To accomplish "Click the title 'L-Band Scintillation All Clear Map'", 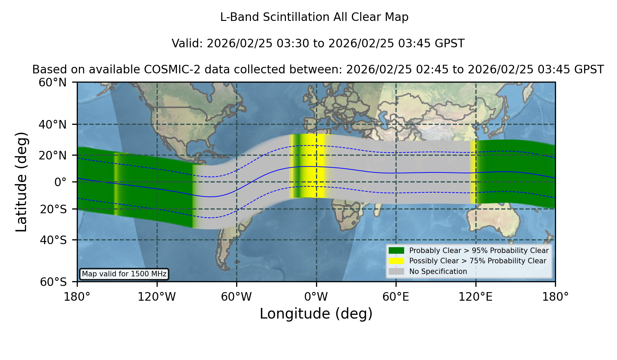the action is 314,17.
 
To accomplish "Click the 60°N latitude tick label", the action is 53,83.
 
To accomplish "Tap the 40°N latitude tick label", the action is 53,124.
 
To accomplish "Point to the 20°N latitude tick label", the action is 53,155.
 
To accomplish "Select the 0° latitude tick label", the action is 61,182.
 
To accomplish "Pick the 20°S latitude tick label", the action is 53,209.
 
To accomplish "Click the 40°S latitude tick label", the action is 53,240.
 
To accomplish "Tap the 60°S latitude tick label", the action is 53,282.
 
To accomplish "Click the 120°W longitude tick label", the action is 157,297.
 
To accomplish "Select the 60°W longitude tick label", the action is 237,297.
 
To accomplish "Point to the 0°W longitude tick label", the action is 316,297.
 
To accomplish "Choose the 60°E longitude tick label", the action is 396,297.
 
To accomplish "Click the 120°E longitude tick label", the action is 475,297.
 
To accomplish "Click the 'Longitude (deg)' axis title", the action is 316,314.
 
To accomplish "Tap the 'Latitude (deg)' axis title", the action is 21,182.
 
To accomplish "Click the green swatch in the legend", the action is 396,251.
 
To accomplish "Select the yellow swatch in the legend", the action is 396,261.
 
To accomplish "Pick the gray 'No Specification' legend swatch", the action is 396,272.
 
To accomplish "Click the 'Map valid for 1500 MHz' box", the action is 124,274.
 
